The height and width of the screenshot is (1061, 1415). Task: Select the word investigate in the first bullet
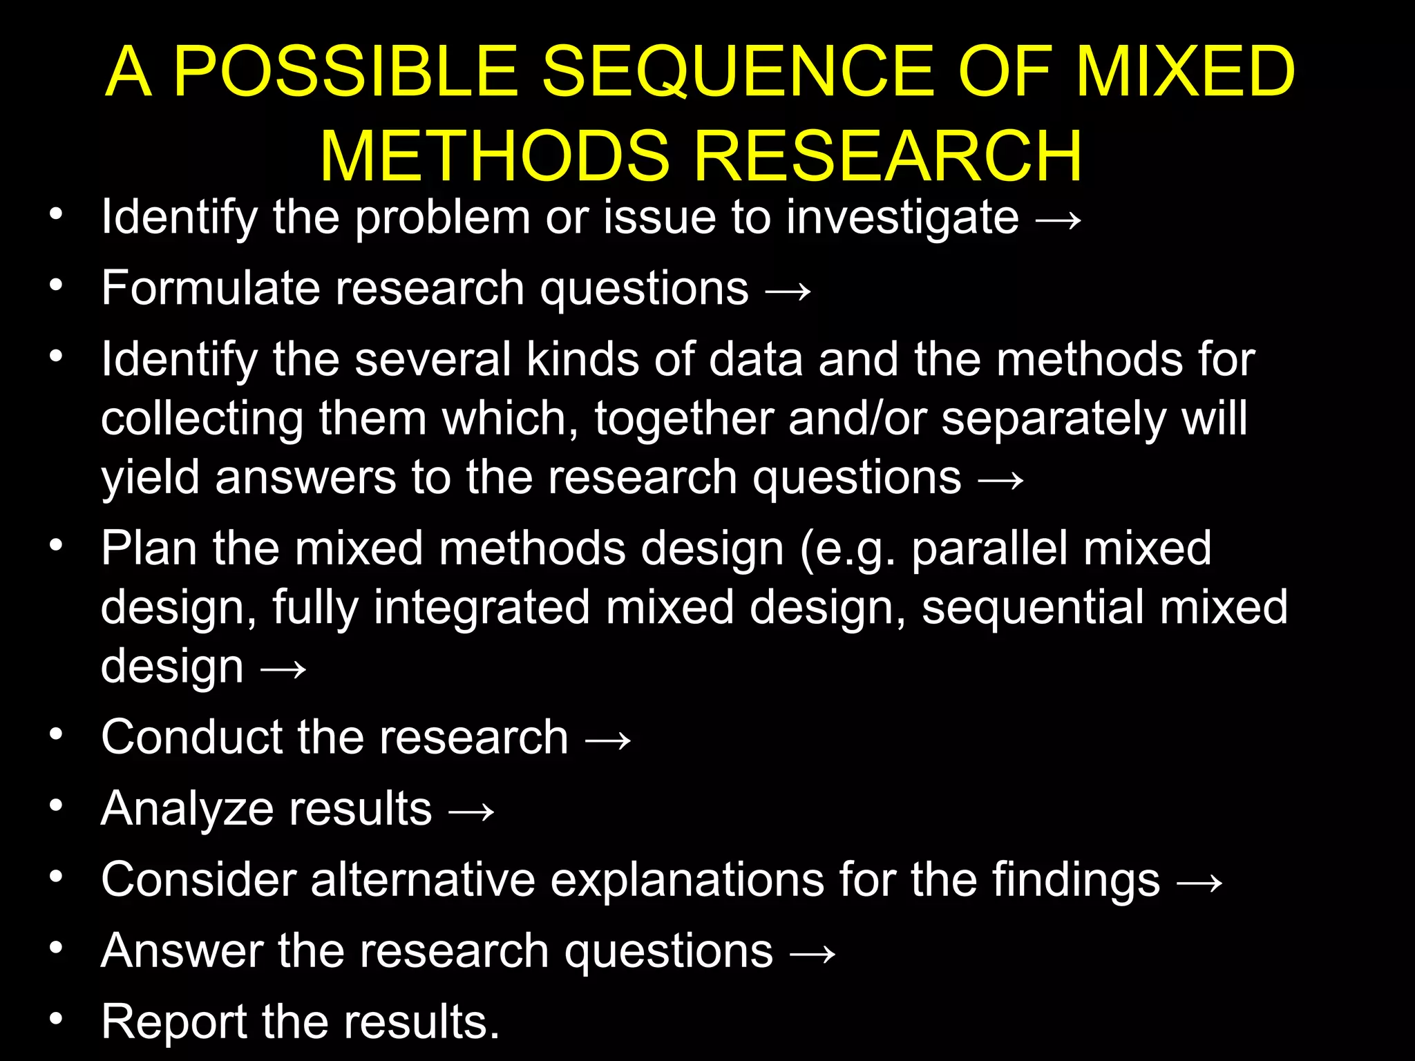coord(902,218)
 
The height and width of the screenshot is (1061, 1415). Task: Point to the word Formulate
coord(210,288)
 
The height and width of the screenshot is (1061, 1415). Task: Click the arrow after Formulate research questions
coord(788,291)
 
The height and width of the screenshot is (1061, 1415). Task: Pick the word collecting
coord(202,419)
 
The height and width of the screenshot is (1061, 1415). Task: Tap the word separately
coord(1053,419)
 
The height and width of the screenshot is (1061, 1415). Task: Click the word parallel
coord(988,548)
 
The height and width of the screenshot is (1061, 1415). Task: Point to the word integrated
coord(482,608)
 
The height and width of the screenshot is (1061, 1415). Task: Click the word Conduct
coord(190,737)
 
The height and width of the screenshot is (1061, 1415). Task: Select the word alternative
coord(422,880)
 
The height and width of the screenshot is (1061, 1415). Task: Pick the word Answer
coord(182,951)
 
